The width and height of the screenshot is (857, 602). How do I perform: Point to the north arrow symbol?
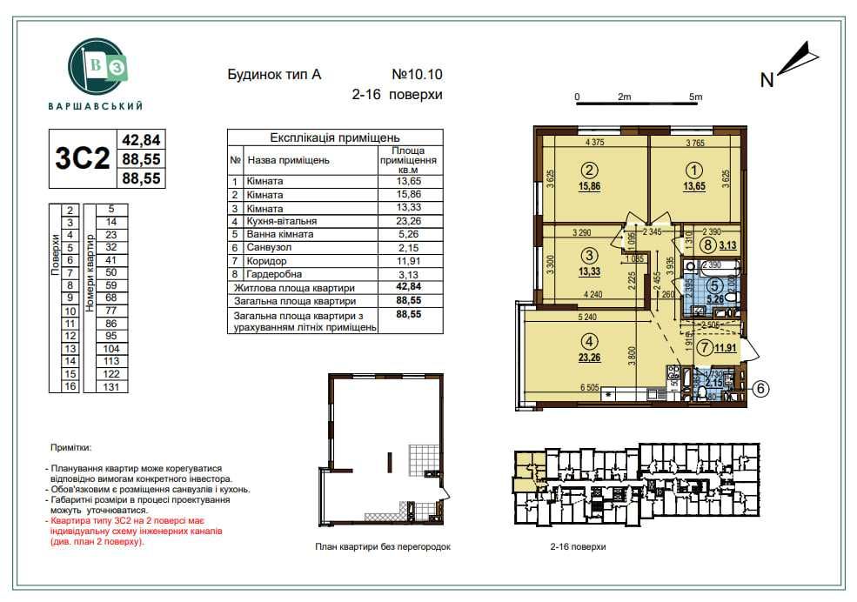(797, 62)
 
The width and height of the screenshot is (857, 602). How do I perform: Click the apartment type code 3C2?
(83, 159)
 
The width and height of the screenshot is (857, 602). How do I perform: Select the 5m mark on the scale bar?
(694, 97)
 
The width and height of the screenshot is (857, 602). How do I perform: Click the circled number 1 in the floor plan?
(694, 171)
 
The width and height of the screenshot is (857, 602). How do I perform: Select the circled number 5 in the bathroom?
(713, 284)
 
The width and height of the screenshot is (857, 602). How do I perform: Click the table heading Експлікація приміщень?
(335, 137)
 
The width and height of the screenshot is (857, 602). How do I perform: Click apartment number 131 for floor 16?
(111, 386)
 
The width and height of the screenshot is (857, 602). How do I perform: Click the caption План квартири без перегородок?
(384, 547)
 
